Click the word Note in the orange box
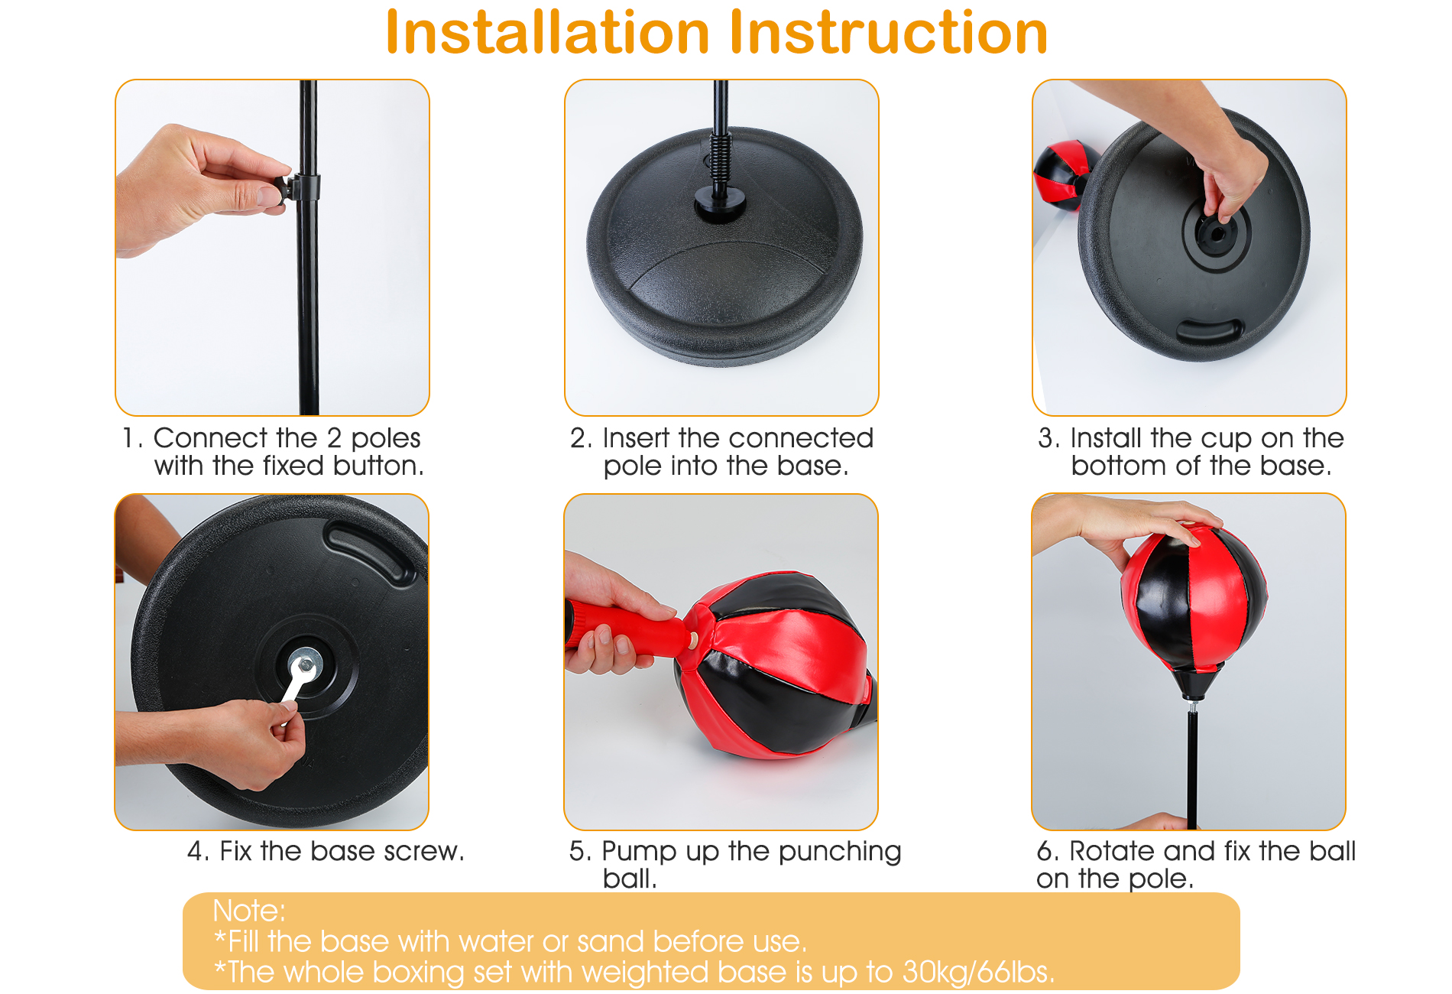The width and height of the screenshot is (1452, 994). pyautogui.click(x=245, y=911)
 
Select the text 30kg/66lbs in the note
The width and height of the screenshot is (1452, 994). pyautogui.click(x=977, y=972)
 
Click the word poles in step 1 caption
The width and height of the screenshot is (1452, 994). pyautogui.click(x=386, y=439)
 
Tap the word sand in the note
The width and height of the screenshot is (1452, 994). pyautogui.click(x=611, y=941)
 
